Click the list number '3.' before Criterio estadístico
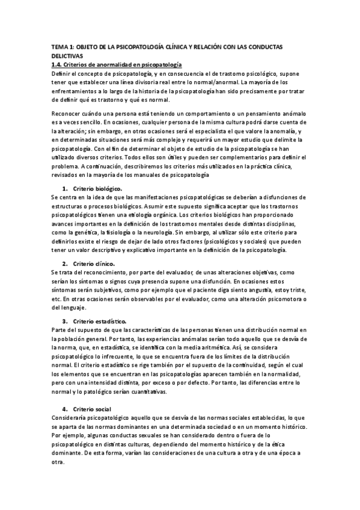click(65, 322)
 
